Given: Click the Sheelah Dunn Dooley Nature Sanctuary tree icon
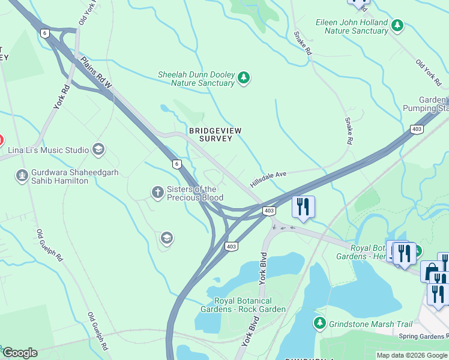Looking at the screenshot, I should click(243, 77).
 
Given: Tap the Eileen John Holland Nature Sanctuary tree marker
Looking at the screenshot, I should click(397, 25).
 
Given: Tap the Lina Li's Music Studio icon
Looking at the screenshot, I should click(98, 149).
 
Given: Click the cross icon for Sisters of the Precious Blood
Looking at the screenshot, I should click(157, 192).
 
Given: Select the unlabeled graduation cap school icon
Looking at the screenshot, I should click(166, 239).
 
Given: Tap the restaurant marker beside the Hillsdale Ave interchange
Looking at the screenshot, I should click(304, 207).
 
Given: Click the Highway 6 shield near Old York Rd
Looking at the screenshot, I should click(45, 33).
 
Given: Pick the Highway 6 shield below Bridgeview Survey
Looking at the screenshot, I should click(176, 163).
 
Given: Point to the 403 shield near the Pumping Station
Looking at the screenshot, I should click(417, 129).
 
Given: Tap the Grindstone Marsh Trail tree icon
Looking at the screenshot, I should click(319, 323).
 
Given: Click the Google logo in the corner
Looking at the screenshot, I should click(19, 353).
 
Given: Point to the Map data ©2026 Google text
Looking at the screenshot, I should click(412, 355).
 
